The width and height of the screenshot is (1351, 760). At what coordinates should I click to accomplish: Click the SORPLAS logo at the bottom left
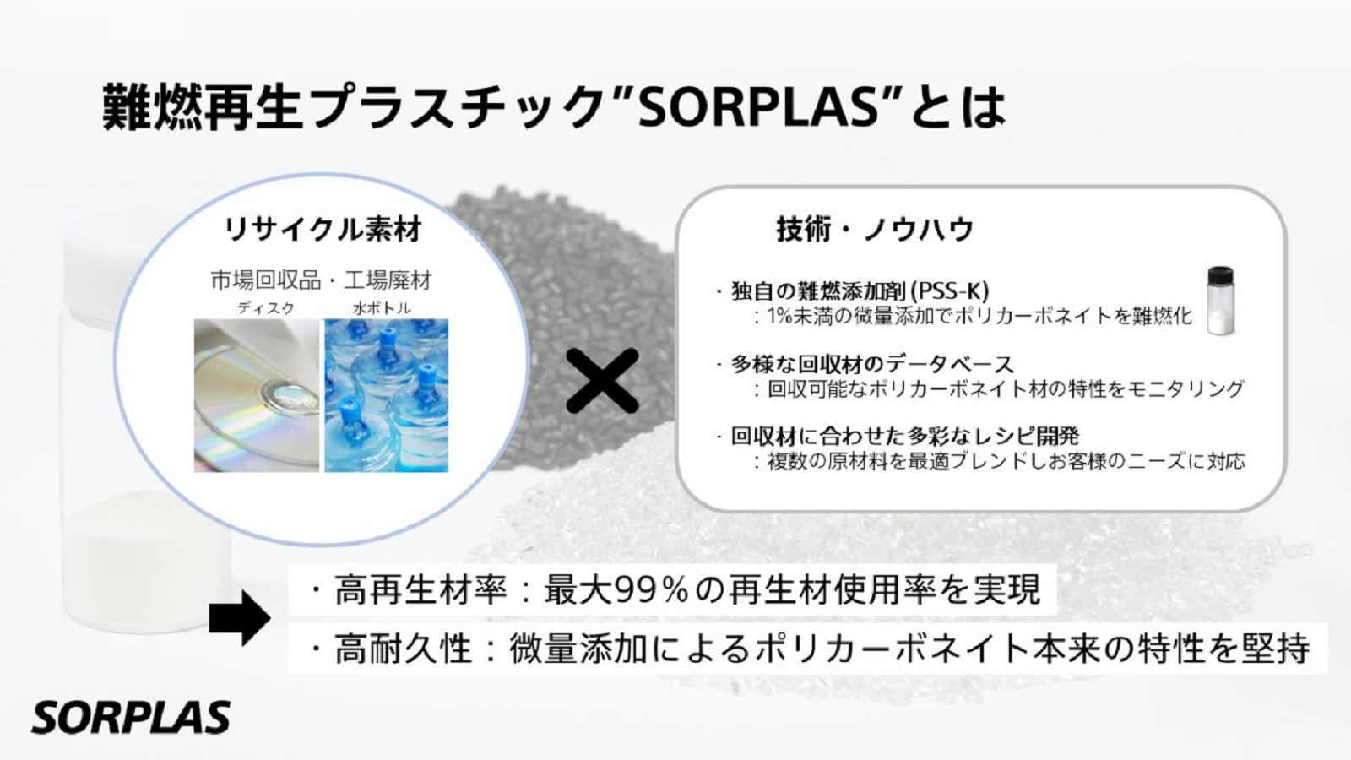tap(131, 717)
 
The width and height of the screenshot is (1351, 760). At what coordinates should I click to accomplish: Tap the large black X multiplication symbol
tap(602, 381)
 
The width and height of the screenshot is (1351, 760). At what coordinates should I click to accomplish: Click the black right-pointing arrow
tap(240, 617)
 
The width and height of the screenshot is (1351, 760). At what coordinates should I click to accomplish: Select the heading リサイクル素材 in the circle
tap(323, 229)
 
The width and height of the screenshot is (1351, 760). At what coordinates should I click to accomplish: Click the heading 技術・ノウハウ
tap(875, 229)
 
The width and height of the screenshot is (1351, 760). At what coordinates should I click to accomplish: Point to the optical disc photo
tap(257, 395)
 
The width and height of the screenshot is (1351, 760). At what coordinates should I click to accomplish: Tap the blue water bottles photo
tap(387, 395)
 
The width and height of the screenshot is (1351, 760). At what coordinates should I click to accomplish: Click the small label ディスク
tap(266, 308)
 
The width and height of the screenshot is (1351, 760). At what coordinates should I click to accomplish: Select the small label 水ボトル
tap(382, 308)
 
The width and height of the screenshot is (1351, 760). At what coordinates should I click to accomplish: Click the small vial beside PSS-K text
tap(1220, 301)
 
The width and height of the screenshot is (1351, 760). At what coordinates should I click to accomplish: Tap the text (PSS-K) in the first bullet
tap(950, 291)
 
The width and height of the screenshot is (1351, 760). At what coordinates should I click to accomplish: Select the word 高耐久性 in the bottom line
tap(402, 649)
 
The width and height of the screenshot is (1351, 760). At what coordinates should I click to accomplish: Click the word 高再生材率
tap(420, 589)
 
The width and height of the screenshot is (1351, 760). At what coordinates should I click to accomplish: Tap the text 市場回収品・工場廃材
tap(322, 280)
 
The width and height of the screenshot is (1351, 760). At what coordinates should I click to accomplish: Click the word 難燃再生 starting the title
tap(203, 108)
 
